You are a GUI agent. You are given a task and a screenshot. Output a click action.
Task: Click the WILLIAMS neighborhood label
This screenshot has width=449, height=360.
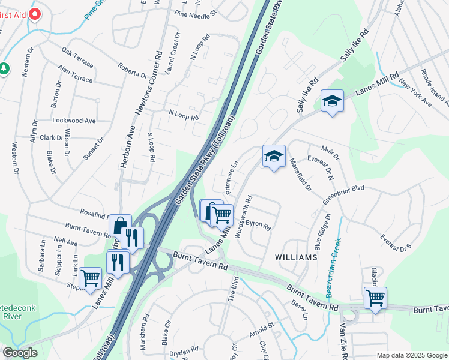295,257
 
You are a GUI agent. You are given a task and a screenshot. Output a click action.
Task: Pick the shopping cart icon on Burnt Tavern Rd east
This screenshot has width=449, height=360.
375,298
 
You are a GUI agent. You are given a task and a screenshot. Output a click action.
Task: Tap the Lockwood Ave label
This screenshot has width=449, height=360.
74,121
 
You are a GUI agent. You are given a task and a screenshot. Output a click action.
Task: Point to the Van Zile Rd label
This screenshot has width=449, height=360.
343,341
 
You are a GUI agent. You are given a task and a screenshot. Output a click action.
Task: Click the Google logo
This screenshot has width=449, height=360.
20,352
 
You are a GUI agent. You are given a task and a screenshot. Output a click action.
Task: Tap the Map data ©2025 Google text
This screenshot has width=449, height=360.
411,355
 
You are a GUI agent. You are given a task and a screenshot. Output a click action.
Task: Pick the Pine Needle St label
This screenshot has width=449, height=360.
196,12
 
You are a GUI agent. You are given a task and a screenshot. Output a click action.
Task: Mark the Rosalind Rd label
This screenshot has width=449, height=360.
95,213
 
